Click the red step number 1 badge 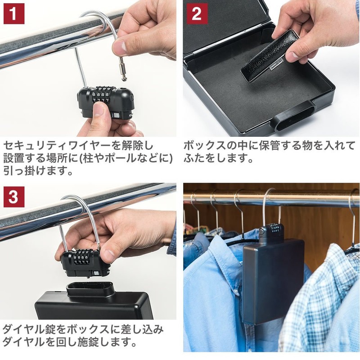tap(14, 13)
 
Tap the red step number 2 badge tap(197, 13)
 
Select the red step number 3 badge tap(14, 197)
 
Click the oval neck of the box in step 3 tap(90, 289)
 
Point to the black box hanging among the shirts tap(273, 280)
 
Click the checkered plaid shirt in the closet tap(321, 303)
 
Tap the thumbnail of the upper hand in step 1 tap(119, 46)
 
